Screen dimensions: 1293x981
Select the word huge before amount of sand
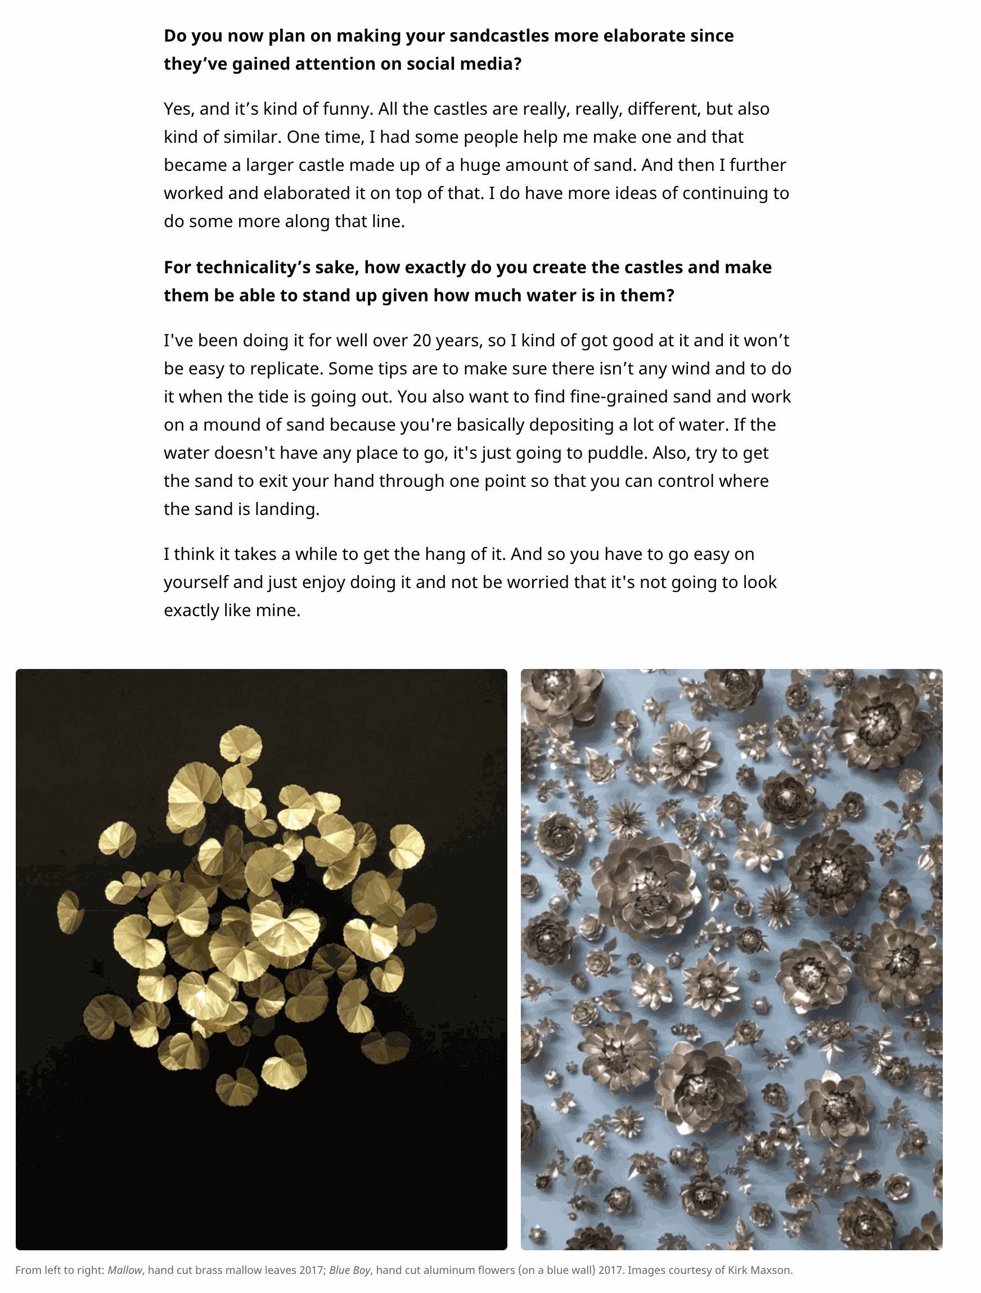tap(479, 165)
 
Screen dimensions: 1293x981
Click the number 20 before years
tap(422, 340)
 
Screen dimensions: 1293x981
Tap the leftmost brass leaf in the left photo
tap(70, 911)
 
